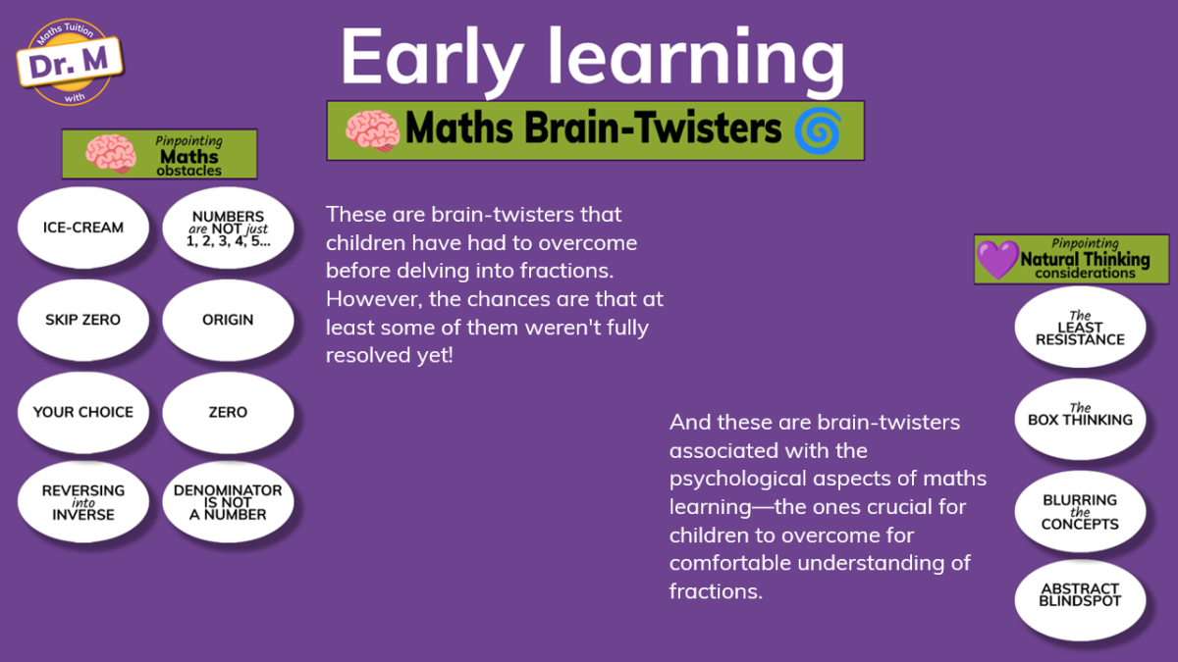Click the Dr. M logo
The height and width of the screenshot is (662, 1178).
click(70, 62)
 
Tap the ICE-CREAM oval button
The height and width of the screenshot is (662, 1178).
click(83, 228)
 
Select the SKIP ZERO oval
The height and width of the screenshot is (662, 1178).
click(83, 320)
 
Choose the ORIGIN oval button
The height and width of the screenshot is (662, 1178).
click(228, 320)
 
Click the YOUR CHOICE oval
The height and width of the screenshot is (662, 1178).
click(83, 413)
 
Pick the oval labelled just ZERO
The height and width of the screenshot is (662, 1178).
click(228, 413)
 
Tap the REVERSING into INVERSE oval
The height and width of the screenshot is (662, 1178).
click(83, 502)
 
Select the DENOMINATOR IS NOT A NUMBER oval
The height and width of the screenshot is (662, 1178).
click(228, 502)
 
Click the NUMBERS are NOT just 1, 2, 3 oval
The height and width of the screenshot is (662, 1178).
click(228, 228)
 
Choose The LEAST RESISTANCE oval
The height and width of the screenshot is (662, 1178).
click(1080, 327)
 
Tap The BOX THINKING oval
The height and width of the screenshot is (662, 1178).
click(1080, 420)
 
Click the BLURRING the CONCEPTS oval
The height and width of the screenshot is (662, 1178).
click(1080, 511)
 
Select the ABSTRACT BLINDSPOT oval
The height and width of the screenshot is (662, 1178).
click(1080, 600)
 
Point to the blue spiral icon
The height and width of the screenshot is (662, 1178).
click(819, 130)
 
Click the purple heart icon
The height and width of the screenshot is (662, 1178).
click(997, 260)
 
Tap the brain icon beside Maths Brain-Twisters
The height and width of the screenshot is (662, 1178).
click(372, 130)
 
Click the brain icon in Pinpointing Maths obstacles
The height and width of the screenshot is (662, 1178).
click(111, 153)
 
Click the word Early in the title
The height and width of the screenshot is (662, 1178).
click(432, 57)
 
